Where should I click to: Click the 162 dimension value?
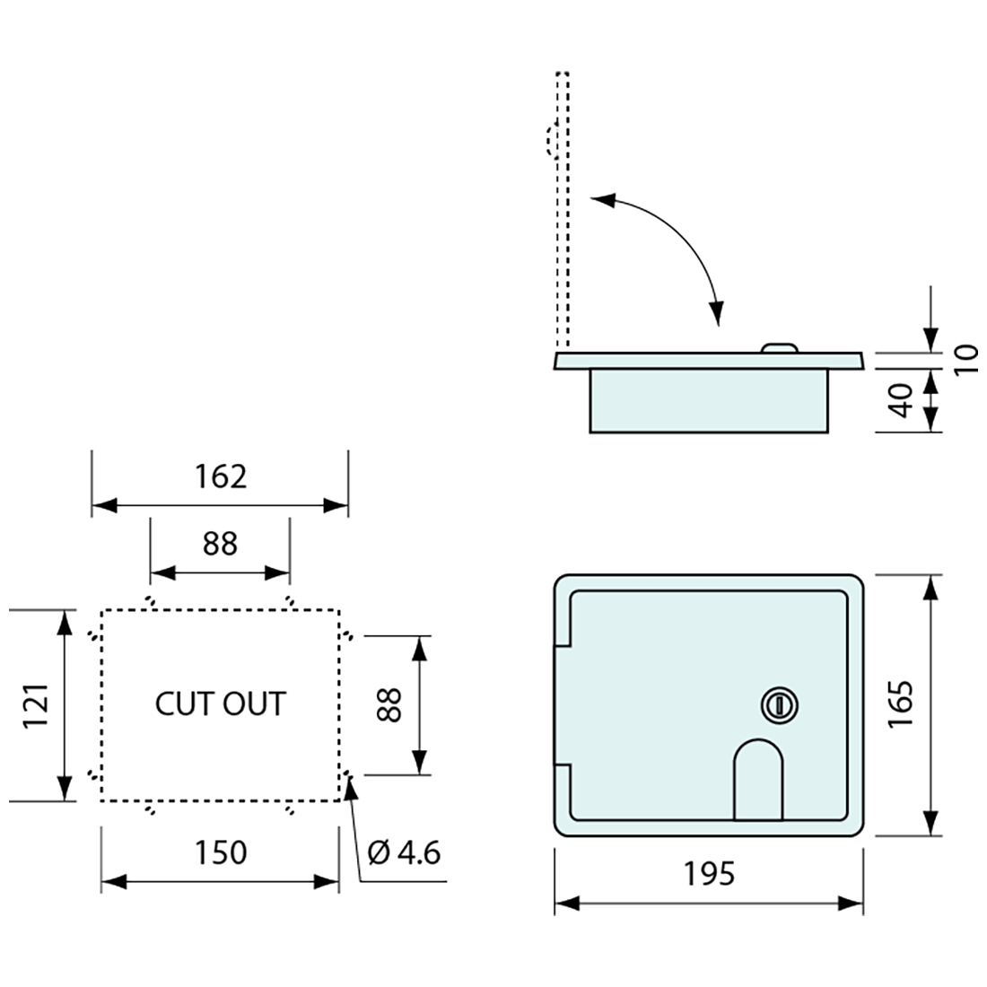tap(220, 476)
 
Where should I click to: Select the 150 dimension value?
tap(220, 852)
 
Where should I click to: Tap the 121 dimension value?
tap(36, 705)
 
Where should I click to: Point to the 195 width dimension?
tap(709, 872)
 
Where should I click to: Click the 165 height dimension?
tap(901, 705)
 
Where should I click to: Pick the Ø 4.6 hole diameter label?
tap(405, 852)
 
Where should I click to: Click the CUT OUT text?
tap(220, 704)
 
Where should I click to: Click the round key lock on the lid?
tap(779, 705)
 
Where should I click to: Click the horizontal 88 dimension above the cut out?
tap(220, 543)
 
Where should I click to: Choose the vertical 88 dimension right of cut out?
tap(389, 705)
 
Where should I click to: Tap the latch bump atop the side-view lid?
tap(779, 347)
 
